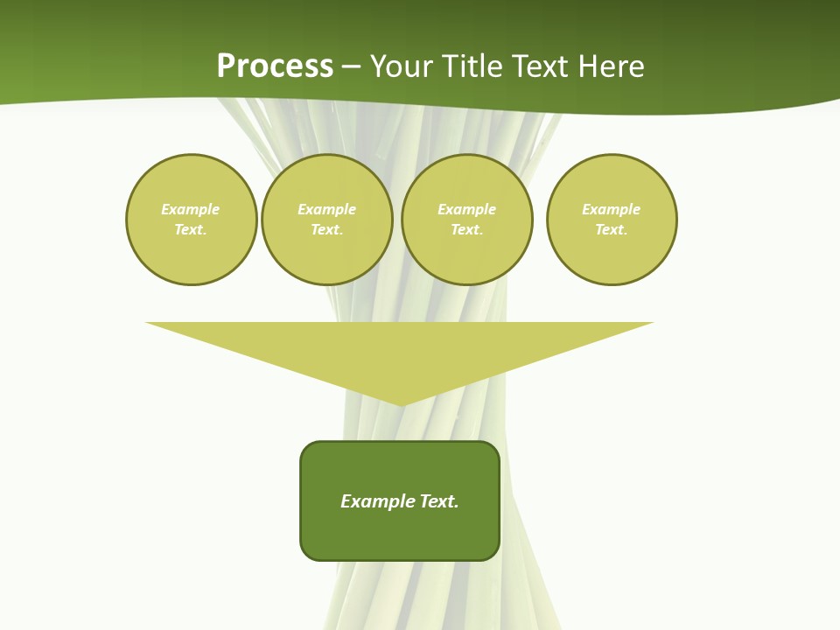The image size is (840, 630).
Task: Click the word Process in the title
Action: coord(275,66)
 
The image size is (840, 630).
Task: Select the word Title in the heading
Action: coord(472,66)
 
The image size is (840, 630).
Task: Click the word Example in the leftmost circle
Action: coord(191,209)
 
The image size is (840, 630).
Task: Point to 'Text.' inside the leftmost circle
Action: coord(191,229)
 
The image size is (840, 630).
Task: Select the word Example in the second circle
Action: coord(327,209)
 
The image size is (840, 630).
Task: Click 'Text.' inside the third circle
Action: coord(467,229)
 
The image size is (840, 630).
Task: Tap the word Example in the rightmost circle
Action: coord(612,209)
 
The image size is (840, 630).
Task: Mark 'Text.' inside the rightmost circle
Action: coord(612,229)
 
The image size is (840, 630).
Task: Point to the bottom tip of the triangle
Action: coord(401,403)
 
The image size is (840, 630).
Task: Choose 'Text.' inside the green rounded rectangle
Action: coord(440,501)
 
